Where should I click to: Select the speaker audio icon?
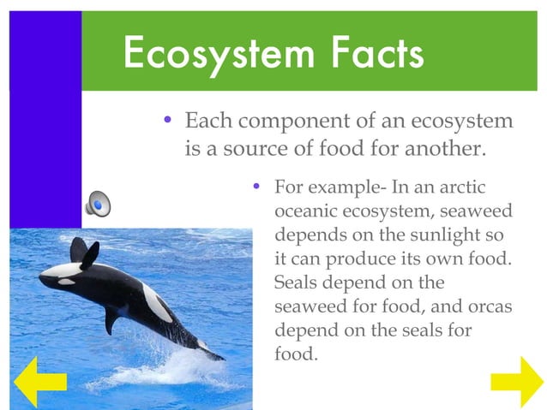point(98,204)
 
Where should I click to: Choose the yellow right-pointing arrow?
point(516,381)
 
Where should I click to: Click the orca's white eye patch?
point(67,281)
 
